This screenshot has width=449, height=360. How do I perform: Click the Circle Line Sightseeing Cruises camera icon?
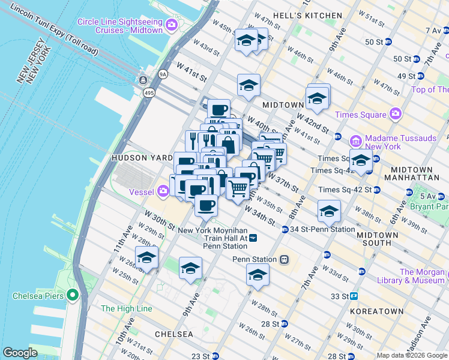click(x=172, y=26)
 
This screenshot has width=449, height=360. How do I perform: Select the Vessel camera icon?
click(x=163, y=192)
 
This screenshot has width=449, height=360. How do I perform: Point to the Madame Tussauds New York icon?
click(x=356, y=142)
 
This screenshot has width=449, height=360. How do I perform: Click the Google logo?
click(x=20, y=353)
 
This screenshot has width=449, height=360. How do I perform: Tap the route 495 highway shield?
click(x=149, y=93)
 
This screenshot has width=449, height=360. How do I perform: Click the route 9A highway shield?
click(x=163, y=74)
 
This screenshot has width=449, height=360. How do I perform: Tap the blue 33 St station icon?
click(x=355, y=296)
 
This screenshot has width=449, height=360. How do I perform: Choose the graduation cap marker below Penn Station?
click(x=258, y=275)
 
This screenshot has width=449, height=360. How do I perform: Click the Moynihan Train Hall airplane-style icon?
click(x=254, y=238)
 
